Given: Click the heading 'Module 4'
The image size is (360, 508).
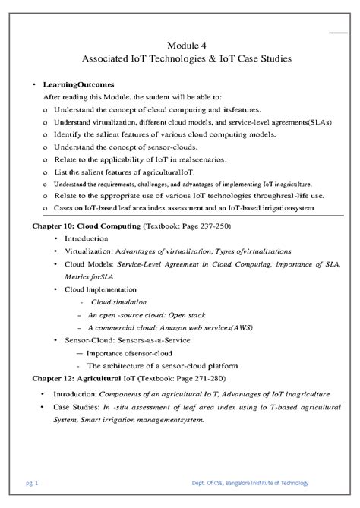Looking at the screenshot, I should click(180, 45).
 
